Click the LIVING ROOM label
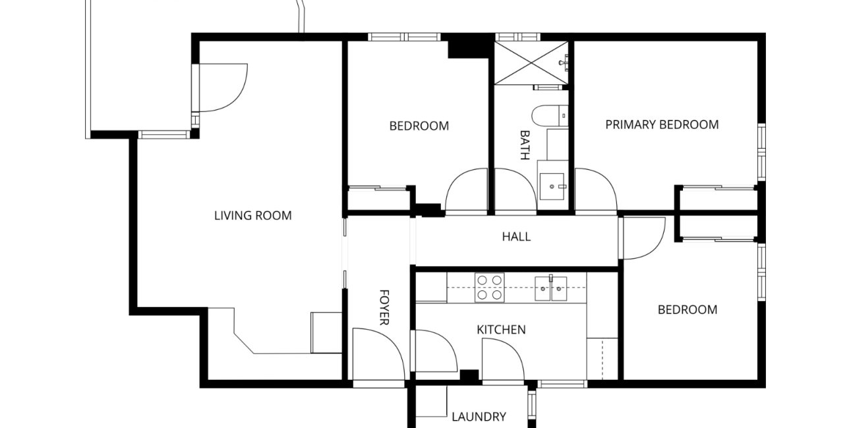point(253,215)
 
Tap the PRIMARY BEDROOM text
point(662,124)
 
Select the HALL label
point(516,237)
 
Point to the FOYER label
point(384,308)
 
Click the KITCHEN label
point(501,330)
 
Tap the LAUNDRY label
point(479,417)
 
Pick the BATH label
point(525,145)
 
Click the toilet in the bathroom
point(550,116)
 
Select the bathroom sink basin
point(552,186)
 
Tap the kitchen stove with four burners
point(489,288)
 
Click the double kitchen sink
point(551,288)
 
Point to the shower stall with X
point(531,63)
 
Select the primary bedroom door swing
point(596,190)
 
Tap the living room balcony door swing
point(222,88)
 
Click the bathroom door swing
point(515,190)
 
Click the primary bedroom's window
point(762,151)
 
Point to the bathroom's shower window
point(517,37)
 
